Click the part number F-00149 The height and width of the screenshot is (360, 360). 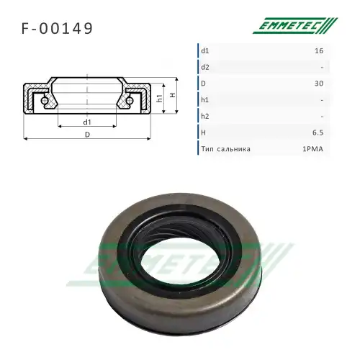(57, 30)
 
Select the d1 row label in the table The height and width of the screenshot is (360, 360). (206, 50)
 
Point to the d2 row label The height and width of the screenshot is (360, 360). (206, 67)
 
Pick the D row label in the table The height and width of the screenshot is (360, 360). (204, 84)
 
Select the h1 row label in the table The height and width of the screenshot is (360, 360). (206, 100)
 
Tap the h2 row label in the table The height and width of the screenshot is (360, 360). (206, 117)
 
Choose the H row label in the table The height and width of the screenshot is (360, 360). (204, 133)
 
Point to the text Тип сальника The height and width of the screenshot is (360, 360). (226, 150)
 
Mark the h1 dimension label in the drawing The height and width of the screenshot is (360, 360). (159, 99)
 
